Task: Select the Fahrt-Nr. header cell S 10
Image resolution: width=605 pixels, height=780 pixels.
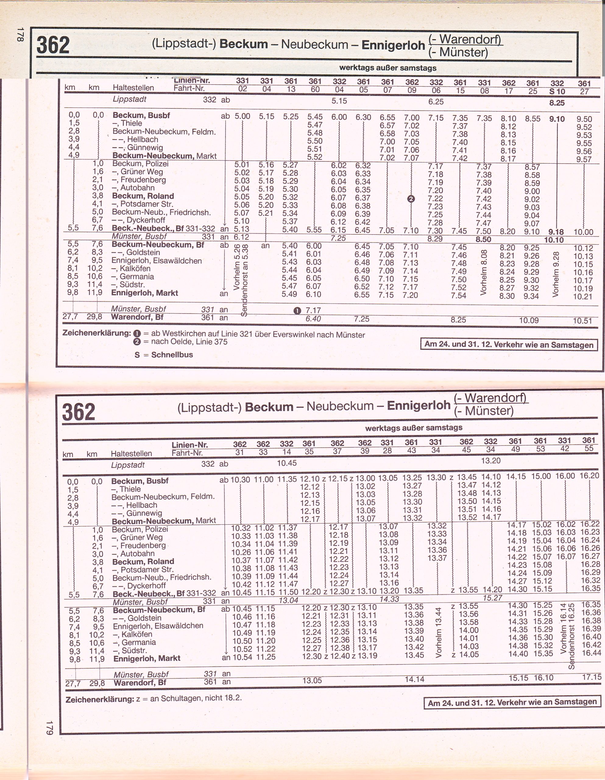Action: click(557, 92)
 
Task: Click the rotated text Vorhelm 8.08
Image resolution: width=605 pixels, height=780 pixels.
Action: click(483, 272)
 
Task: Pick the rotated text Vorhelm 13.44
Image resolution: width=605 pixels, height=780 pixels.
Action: click(439, 632)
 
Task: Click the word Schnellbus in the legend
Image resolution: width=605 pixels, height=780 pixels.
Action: click(172, 355)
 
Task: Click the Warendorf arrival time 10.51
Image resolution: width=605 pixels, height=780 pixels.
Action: click(582, 321)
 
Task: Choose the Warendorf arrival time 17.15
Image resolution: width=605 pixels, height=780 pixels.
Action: click(591, 677)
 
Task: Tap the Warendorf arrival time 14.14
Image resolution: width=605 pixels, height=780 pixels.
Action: click(414, 679)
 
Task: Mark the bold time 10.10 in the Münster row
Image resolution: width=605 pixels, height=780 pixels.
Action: click(554, 240)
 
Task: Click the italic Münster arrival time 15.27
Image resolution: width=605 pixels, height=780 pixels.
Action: click(493, 598)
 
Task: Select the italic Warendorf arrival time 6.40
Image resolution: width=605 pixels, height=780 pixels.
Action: click(313, 319)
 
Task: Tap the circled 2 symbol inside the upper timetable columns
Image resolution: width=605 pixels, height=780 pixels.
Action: click(411, 199)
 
